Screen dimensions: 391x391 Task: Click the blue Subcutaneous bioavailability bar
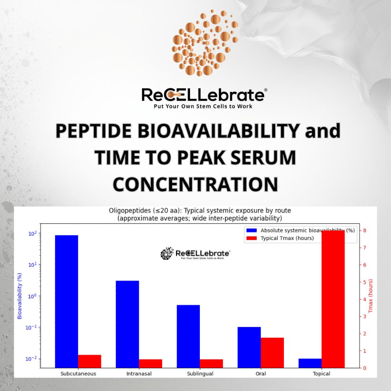pos(66,301)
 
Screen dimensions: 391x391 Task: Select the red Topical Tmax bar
pos(333,299)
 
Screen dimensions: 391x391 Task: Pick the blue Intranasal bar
pos(127,324)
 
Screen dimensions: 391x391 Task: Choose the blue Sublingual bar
pos(188,336)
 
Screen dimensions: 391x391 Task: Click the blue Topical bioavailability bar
pos(310,363)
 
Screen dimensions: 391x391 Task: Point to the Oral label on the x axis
pos(261,374)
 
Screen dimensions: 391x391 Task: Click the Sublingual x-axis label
pos(200,374)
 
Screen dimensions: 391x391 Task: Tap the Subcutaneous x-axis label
pos(78,374)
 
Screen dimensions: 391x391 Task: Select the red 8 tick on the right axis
pos(364,230)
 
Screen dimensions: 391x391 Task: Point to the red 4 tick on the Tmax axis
pos(364,299)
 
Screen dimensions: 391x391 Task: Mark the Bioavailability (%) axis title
pos(19,296)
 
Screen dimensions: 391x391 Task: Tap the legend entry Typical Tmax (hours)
pos(287,238)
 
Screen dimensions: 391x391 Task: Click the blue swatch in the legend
pos(251,230)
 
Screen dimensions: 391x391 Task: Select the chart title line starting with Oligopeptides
pos(200,211)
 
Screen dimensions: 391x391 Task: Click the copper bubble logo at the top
pos(204,43)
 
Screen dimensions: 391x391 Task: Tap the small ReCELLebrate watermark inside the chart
pos(195,254)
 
